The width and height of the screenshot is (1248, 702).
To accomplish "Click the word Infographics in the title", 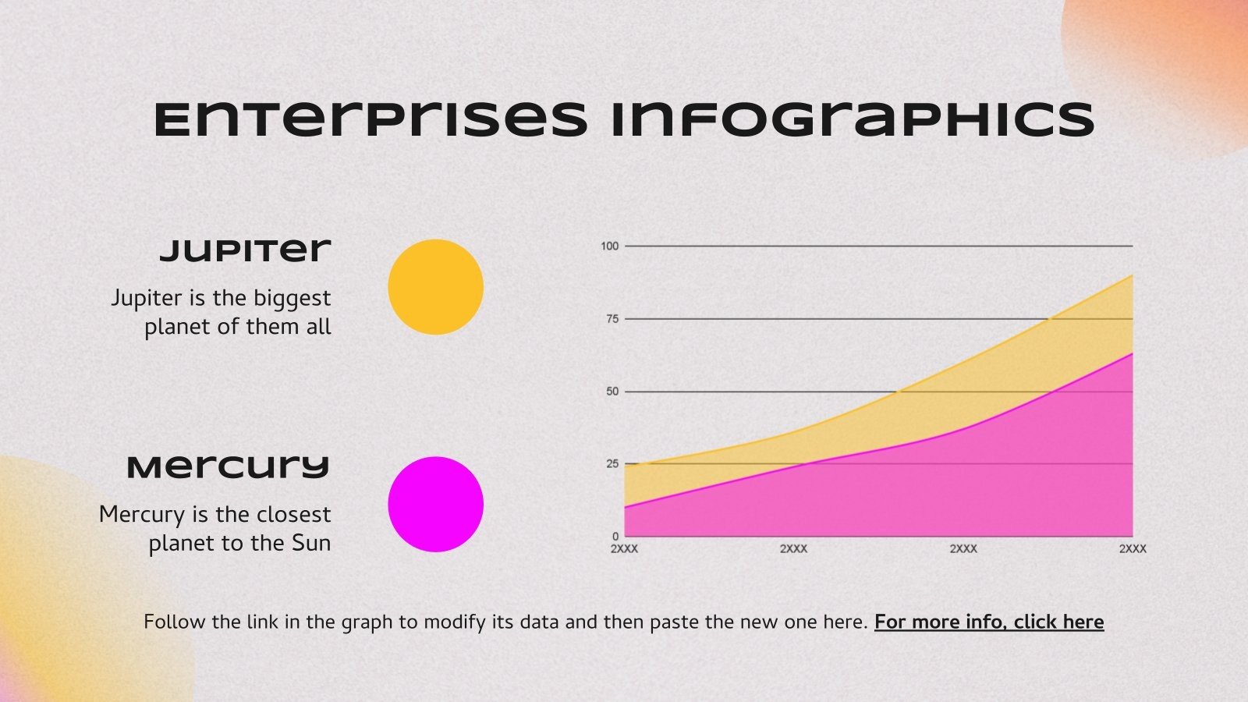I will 852,119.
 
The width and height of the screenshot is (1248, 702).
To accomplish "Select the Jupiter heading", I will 246,250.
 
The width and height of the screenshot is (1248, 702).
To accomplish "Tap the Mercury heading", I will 229,467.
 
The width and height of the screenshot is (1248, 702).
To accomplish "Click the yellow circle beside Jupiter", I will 435,287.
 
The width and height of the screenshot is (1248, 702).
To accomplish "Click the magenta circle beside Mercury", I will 435,504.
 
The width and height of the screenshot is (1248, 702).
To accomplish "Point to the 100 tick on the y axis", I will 609,246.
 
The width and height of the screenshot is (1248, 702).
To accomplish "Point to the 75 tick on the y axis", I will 612,319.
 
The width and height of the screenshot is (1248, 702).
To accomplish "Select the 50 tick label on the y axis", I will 612,392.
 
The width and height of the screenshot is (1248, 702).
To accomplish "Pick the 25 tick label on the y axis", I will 612,464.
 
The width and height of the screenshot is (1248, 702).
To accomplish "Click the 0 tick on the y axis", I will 615,537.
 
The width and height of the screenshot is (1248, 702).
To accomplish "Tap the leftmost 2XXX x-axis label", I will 624,549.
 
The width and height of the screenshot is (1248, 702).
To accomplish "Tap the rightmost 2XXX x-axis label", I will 1133,549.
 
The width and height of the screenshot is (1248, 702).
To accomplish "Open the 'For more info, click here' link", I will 988,622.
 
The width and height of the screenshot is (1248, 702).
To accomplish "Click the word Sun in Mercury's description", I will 311,543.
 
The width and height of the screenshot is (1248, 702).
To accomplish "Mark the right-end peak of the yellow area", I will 1131,276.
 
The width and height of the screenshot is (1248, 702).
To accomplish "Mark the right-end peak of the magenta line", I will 1131,354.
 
